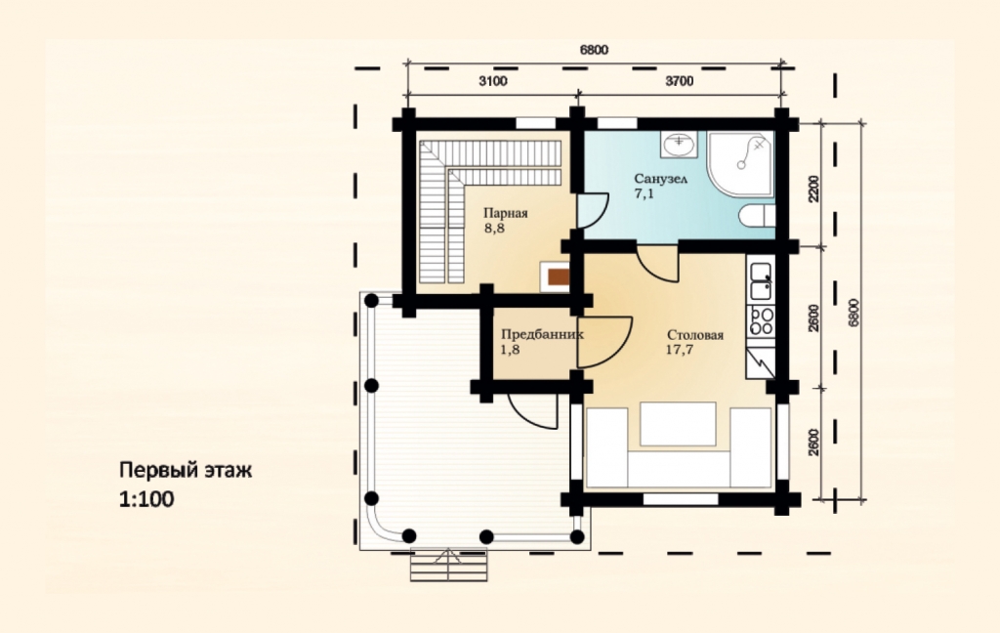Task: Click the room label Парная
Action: [505, 214]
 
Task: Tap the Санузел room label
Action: [661, 179]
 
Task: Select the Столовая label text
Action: [695, 335]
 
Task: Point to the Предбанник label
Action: [541, 334]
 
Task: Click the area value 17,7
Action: [681, 350]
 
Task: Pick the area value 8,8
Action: [494, 229]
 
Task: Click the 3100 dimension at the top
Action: [492, 81]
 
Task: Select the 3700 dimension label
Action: [680, 81]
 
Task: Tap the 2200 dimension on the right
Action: [813, 189]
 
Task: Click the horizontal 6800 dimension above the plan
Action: [594, 50]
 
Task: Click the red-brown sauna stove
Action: [558, 277]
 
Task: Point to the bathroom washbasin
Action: [679, 145]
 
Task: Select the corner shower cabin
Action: [741, 163]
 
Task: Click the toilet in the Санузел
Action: [758, 216]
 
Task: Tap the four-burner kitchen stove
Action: [762, 321]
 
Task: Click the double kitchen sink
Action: [761, 281]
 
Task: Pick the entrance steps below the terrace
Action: [449, 565]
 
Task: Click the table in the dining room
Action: [678, 424]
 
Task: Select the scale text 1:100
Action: [146, 499]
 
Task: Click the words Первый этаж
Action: [186, 470]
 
